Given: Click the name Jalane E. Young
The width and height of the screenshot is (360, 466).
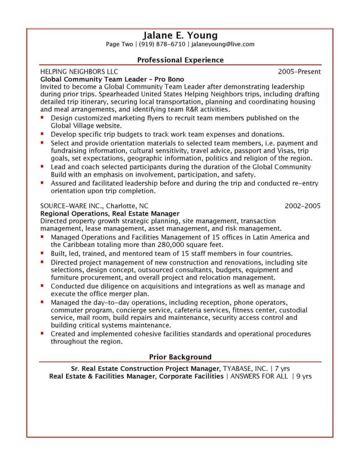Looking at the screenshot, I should tap(180, 35).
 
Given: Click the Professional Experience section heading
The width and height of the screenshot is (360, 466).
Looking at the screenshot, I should tap(180, 60).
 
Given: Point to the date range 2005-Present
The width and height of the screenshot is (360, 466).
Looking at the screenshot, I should tap(299, 71).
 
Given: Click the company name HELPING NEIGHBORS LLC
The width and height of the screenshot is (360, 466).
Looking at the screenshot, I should tap(79, 71).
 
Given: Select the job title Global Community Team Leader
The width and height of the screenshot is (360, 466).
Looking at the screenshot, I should tap(91, 79).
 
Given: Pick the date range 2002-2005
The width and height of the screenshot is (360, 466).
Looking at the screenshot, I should tap(303, 206).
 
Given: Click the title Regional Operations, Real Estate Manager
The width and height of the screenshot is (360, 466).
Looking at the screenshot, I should tap(110, 213).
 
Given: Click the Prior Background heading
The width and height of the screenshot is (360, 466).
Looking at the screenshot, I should tap(180, 357).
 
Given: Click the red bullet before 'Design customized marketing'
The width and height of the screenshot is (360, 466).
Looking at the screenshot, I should tap(42, 117).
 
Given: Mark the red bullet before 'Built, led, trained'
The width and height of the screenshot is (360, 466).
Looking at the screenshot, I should tap(42, 253).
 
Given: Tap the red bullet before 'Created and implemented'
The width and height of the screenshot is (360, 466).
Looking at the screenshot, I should tap(42, 333).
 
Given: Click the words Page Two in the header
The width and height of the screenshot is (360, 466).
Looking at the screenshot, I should tap(119, 45).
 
